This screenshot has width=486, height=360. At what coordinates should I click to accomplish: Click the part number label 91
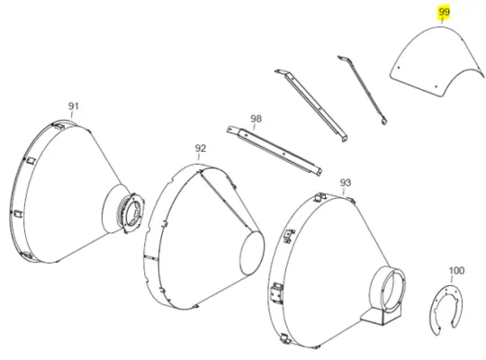tap(74, 106)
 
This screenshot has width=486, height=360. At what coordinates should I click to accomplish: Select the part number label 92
tap(201, 148)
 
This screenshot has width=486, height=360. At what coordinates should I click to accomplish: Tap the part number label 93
tap(346, 183)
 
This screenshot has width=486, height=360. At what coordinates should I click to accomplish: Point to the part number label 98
tap(256, 119)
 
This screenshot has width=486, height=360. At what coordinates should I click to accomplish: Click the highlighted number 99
tap(444, 12)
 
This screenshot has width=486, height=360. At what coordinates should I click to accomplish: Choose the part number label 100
tap(456, 271)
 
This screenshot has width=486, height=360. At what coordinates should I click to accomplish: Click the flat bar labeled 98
tap(274, 150)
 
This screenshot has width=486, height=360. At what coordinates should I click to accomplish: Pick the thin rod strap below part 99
tap(363, 89)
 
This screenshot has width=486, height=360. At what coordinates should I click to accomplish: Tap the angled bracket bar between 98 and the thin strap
tap(311, 105)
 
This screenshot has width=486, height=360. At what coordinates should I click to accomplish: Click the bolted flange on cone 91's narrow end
tap(132, 212)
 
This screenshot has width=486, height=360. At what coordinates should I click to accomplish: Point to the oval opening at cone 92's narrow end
tap(253, 253)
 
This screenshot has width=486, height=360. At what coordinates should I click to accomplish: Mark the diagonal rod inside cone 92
tap(226, 202)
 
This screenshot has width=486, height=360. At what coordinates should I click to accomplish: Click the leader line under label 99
tap(442, 21)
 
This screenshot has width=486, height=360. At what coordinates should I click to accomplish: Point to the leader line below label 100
tap(452, 279)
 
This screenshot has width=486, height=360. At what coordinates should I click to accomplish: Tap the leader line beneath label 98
tap(254, 127)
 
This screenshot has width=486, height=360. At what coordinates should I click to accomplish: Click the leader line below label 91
tap(72, 114)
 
